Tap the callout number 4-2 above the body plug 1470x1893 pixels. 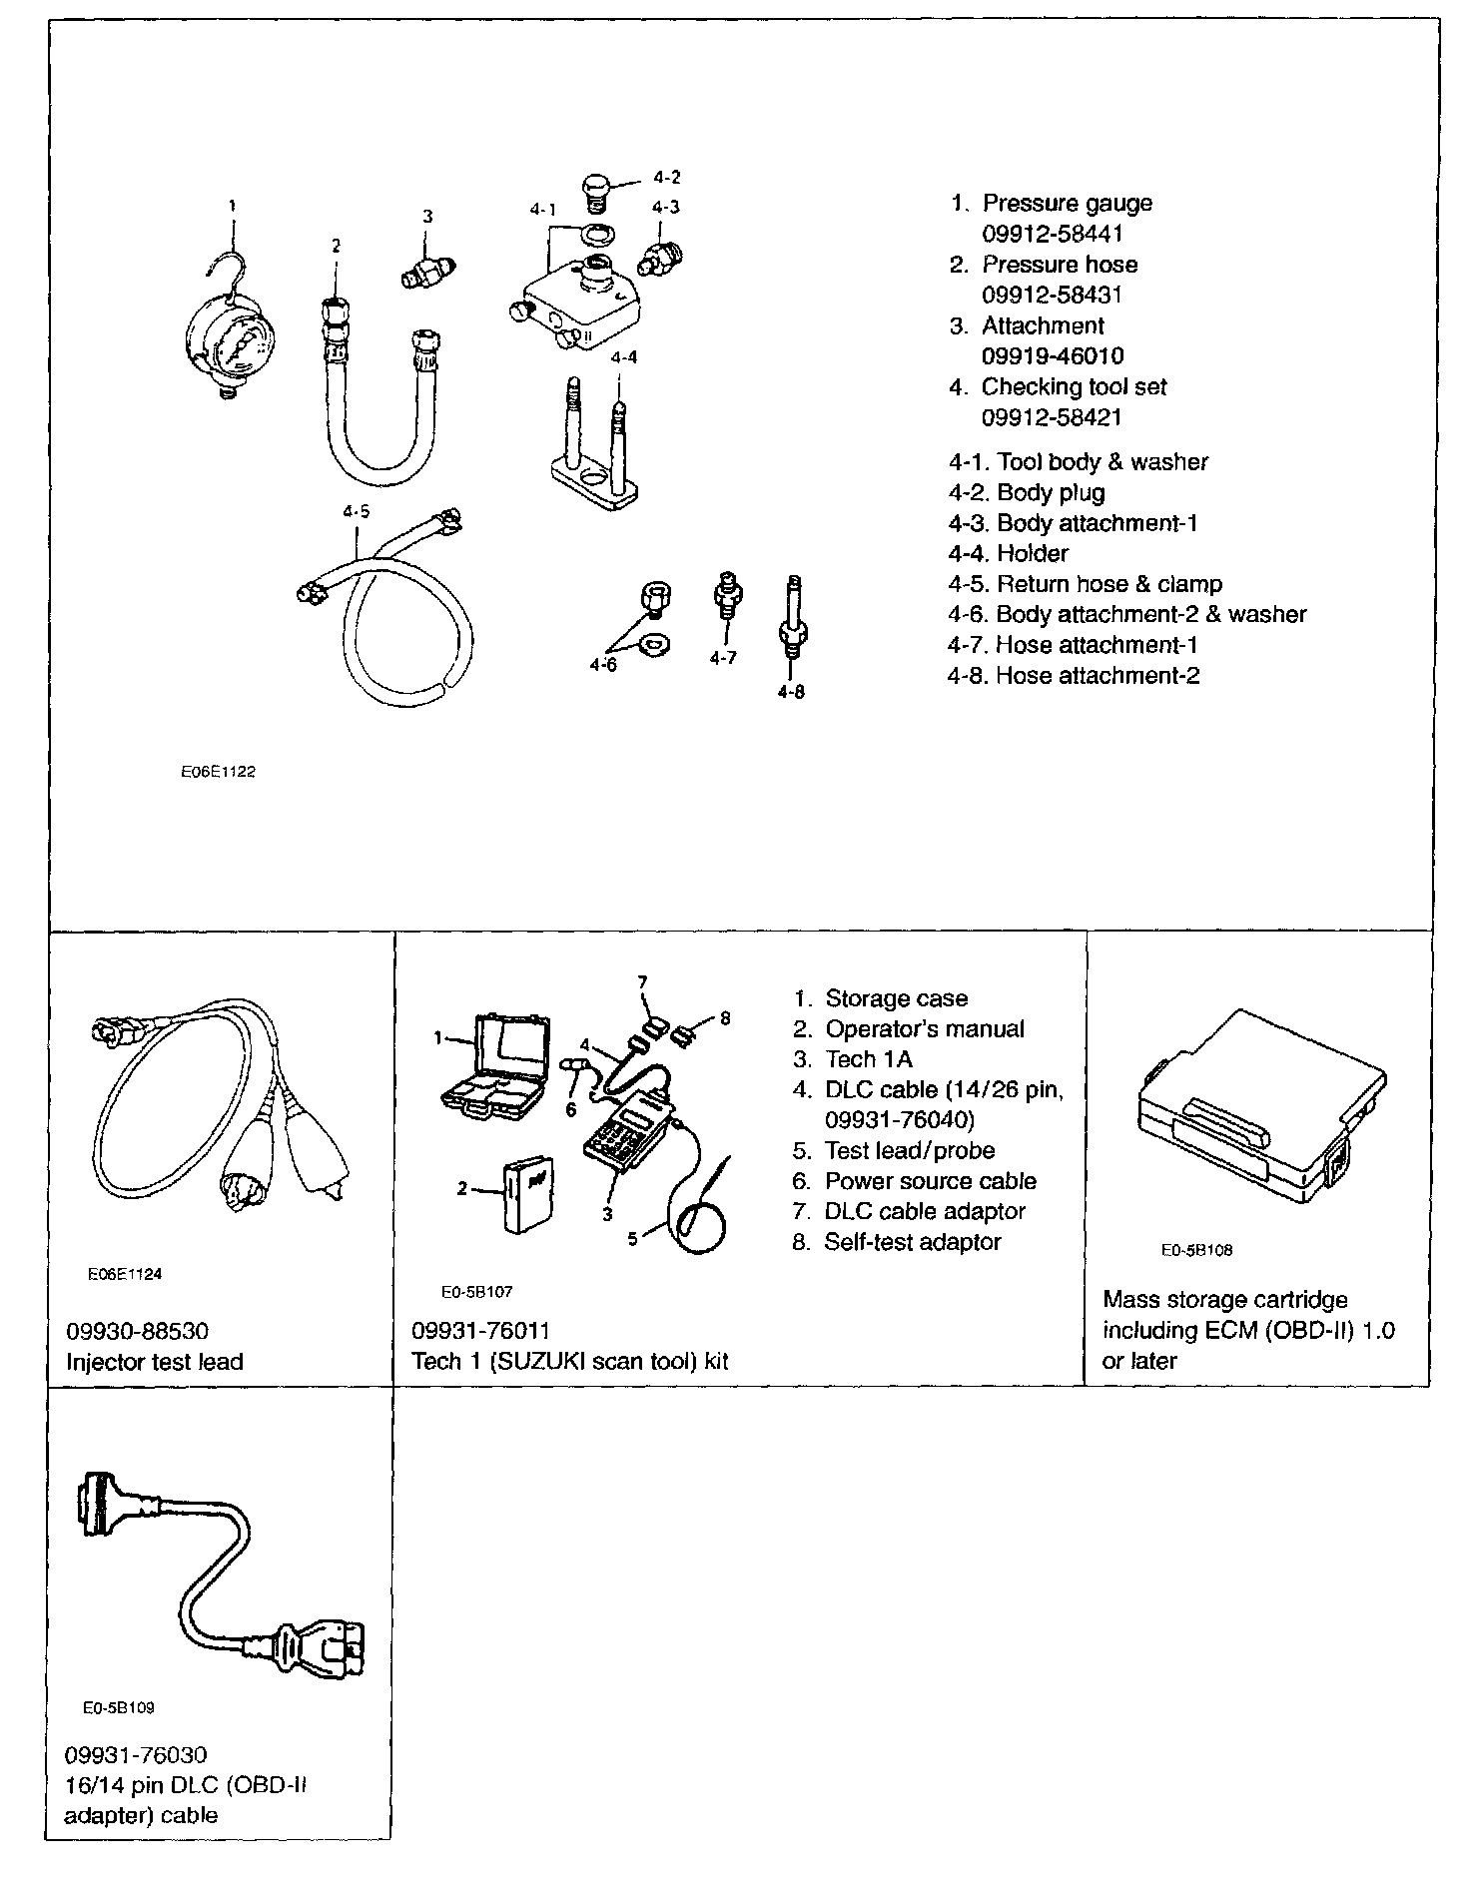(x=666, y=178)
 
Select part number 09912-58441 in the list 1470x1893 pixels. (x=1053, y=234)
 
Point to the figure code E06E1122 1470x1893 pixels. (x=218, y=772)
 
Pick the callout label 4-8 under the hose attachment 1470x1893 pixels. (x=790, y=691)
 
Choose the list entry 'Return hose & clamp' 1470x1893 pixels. (x=1108, y=584)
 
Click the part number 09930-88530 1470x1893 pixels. (x=138, y=1331)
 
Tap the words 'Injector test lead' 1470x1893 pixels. (x=155, y=1362)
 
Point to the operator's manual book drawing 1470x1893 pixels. (x=526, y=1195)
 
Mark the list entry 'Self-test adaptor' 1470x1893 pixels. (x=912, y=1242)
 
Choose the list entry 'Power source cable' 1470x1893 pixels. (x=930, y=1181)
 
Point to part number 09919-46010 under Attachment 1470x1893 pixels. (x=1053, y=356)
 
